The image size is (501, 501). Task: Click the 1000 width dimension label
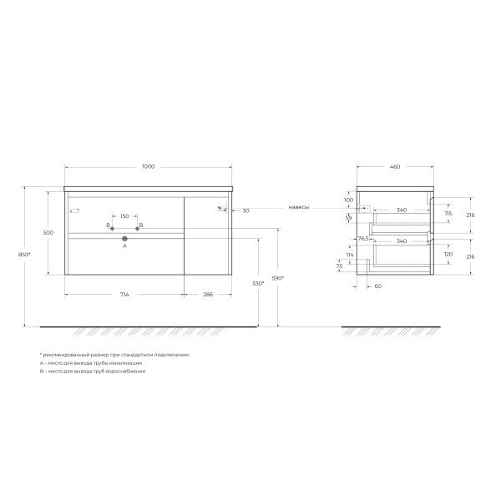(148, 167)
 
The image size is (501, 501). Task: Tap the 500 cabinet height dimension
(48, 232)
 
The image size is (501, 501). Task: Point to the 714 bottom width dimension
(124, 295)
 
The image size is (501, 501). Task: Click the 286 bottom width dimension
(208, 295)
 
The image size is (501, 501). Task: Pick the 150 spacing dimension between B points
(124, 216)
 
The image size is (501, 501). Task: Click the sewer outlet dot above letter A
(124, 239)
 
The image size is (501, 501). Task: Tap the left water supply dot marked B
(112, 227)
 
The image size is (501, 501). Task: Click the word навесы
(299, 207)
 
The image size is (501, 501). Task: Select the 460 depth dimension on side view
(394, 167)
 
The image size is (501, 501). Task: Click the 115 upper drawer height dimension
(448, 214)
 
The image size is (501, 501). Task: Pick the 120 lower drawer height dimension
(448, 253)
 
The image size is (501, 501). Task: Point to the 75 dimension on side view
(339, 266)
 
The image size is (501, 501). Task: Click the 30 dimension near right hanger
(245, 210)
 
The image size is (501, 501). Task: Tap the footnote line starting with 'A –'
(91, 363)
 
